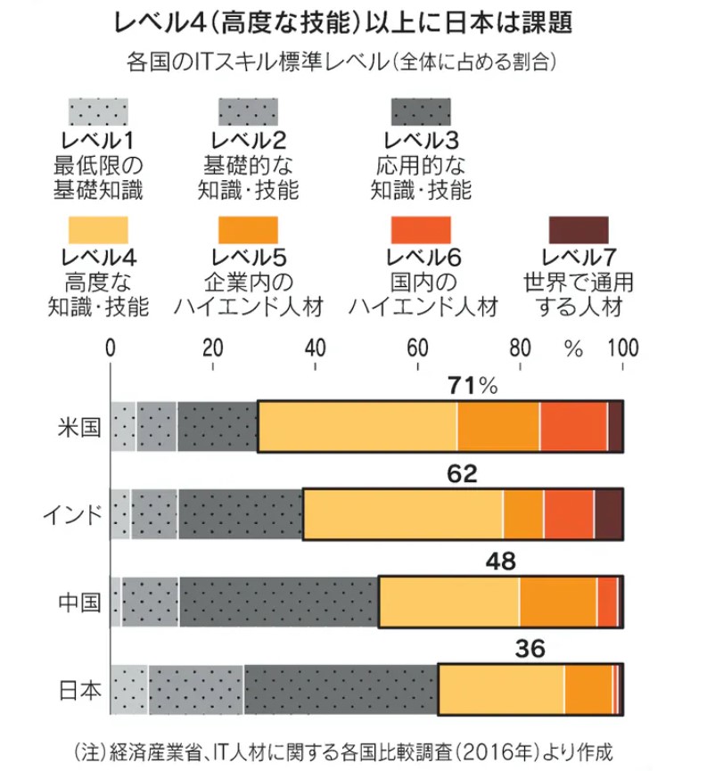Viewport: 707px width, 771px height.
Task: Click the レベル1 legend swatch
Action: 99,111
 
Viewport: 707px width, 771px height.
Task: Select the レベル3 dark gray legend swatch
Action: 422,111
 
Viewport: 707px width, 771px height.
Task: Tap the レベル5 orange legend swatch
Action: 248,228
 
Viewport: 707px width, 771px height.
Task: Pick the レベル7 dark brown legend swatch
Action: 579,228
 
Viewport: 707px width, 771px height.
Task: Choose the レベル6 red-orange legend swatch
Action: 422,228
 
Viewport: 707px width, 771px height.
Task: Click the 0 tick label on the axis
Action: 111,347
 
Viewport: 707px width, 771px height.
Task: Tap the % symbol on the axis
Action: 572,347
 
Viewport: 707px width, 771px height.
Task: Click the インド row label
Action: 72,514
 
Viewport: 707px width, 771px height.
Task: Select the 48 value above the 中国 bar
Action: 500,561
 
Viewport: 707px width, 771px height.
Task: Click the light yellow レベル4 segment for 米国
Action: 357,426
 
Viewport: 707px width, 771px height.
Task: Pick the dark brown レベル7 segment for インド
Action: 608,514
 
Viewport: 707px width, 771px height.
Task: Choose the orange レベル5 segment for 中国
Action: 558,602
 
